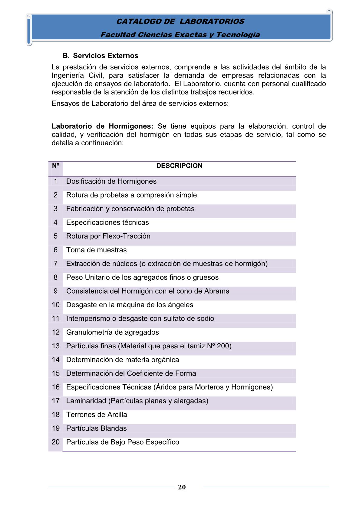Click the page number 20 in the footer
click(x=182, y=487)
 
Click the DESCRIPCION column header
click(x=179, y=166)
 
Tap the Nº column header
click(x=55, y=166)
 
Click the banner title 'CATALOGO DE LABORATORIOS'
click(x=180, y=21)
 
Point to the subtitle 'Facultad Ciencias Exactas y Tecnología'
click(x=180, y=35)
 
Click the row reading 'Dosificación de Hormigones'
click(x=111, y=181)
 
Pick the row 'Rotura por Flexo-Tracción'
click(x=108, y=236)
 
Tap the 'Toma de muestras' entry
click(x=97, y=250)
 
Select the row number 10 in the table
click(x=56, y=305)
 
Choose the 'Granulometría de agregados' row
click(x=113, y=332)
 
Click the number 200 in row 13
click(x=224, y=346)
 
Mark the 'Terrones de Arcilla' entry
click(x=97, y=415)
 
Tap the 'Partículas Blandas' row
click(x=97, y=428)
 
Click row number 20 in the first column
click(x=56, y=442)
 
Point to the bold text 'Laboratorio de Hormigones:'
click(x=102, y=126)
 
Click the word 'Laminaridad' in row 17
click(x=86, y=401)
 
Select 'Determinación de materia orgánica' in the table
click(x=123, y=360)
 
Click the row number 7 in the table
click(x=56, y=264)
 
